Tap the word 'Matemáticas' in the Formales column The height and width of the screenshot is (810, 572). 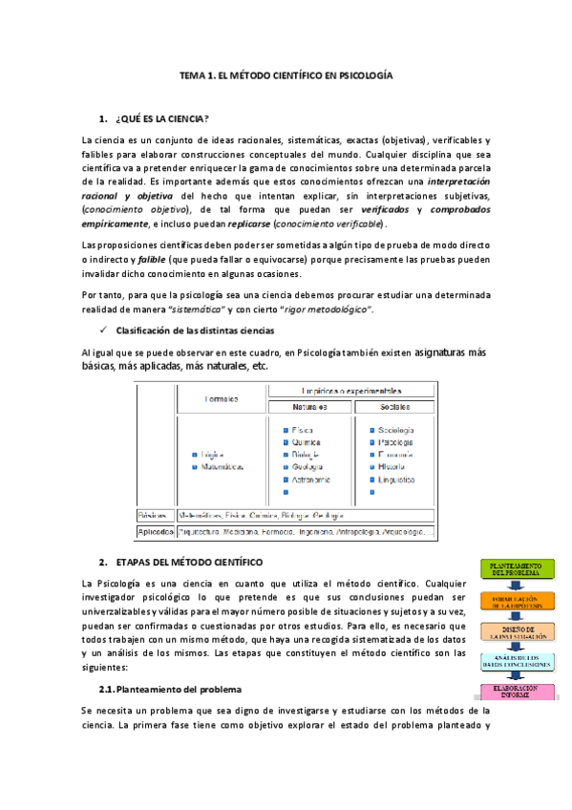223,468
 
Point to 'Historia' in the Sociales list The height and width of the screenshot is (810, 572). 392,467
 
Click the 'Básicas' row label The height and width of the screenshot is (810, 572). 153,514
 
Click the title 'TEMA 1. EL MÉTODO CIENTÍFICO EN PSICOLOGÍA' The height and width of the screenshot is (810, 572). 286,74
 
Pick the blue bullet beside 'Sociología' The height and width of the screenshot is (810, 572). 371,430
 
